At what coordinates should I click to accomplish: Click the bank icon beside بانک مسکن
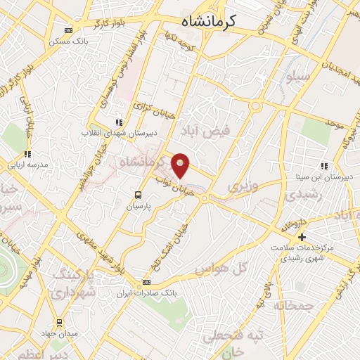[x=68, y=30]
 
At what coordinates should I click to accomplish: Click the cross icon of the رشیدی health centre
[x=301, y=236]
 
